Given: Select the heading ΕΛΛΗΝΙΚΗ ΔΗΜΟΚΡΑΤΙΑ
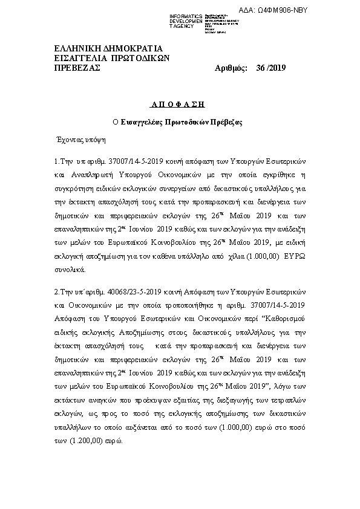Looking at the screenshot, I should coord(108,48).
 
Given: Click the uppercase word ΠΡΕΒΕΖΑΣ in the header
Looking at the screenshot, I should coord(77,68).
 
